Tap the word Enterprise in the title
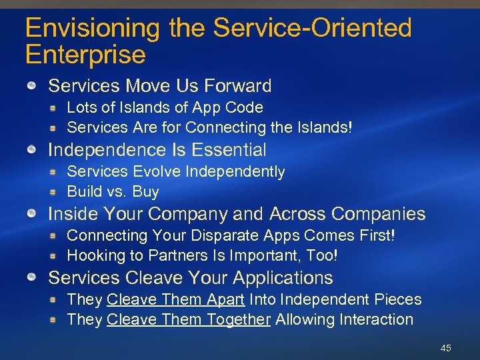(x=85, y=55)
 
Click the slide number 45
(x=446, y=348)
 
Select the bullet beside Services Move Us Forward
(x=31, y=86)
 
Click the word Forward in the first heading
(x=238, y=86)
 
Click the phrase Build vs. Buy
(x=113, y=192)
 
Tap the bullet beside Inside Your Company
(x=31, y=214)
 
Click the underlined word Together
(x=239, y=320)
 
